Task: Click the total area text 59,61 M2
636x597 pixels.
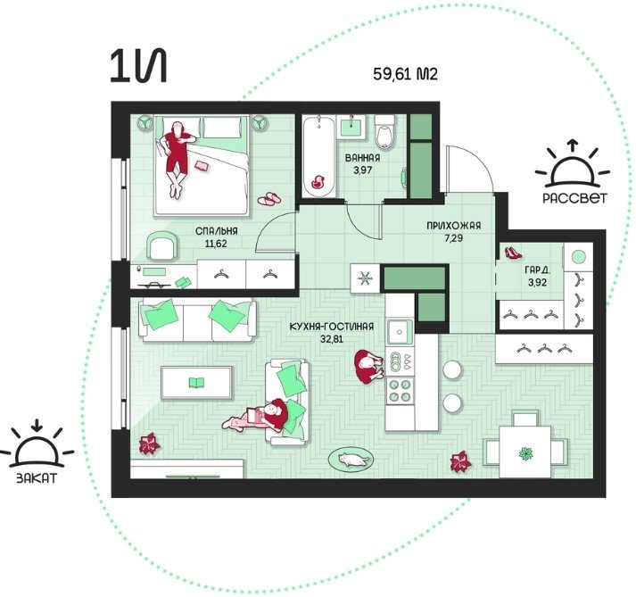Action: point(405,74)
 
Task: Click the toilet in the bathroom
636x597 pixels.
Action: point(384,131)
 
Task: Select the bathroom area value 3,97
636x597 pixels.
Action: point(362,170)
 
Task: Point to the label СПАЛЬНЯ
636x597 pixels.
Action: point(217,231)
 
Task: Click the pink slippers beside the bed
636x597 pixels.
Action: point(269,198)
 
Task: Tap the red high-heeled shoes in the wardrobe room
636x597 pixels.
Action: point(513,253)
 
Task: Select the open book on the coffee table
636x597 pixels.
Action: point(197,382)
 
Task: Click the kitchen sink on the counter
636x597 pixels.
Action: point(400,332)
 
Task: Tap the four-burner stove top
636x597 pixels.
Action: point(400,391)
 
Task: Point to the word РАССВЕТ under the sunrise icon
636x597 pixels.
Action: point(575,197)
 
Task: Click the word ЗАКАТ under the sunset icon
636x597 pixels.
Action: point(37,477)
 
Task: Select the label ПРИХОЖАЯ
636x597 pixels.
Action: point(453,225)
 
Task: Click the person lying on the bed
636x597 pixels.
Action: point(178,158)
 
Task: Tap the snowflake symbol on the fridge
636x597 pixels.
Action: point(365,278)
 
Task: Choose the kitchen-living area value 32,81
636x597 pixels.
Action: point(332,338)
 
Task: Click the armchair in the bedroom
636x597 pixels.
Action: point(162,245)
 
